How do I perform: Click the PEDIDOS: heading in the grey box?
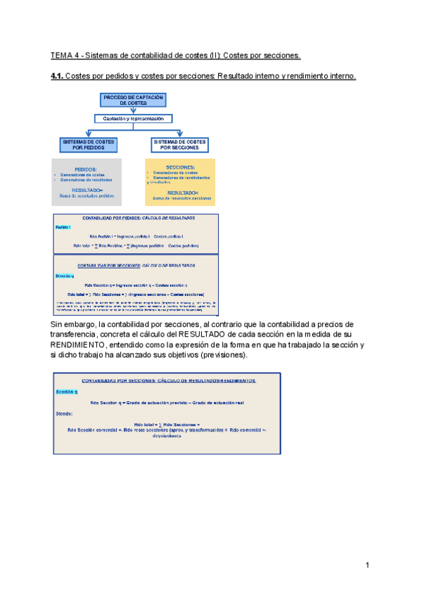(x=86, y=169)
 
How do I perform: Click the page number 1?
(x=367, y=565)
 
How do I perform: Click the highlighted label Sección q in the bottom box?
(x=67, y=391)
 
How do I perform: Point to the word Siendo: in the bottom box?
(x=64, y=414)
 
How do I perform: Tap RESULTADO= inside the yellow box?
(x=183, y=193)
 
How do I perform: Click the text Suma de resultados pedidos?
(x=87, y=196)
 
